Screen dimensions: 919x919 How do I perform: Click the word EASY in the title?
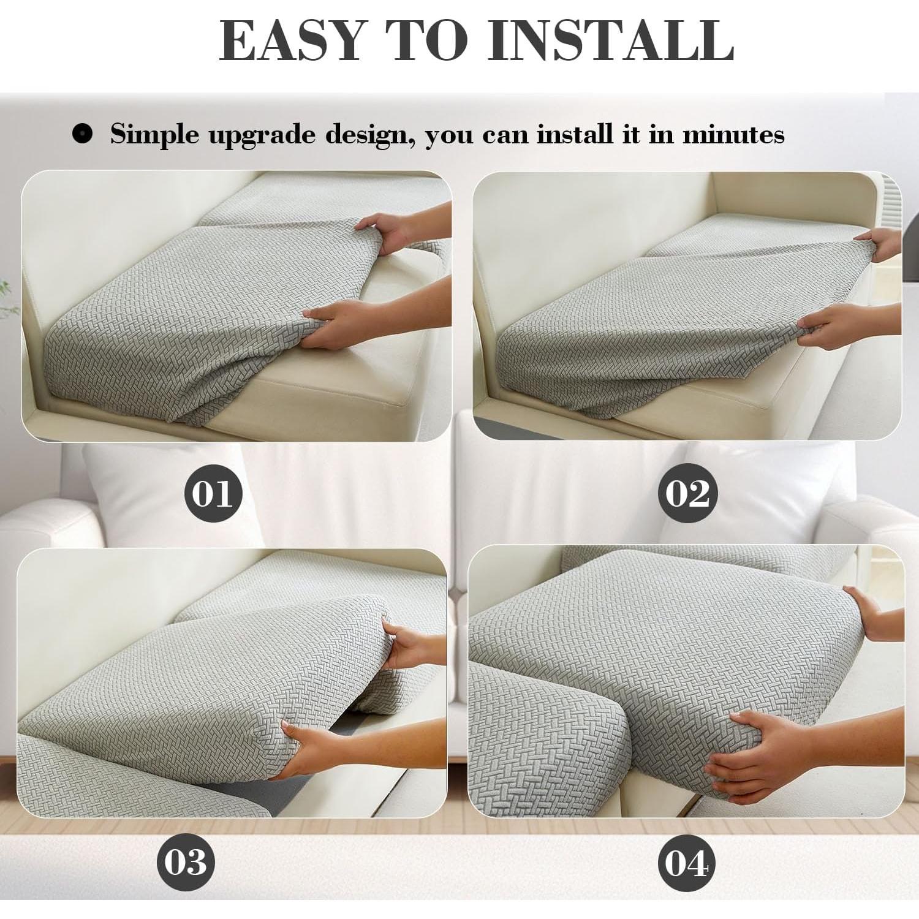291,40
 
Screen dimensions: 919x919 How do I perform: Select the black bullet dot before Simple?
82,134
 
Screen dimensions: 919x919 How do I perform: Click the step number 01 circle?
213,493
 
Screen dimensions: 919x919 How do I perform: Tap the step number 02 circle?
687,493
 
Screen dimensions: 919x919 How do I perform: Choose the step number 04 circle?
686,864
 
